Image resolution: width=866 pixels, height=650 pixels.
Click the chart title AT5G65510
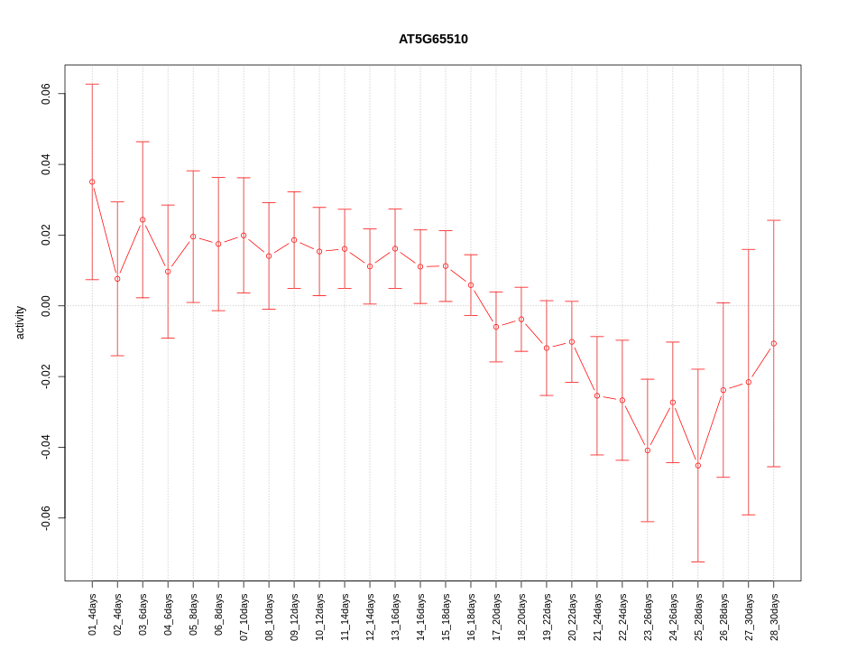(433, 40)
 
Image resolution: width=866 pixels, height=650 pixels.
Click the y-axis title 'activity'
(20, 322)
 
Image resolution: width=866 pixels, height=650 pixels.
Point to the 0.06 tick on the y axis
(46, 94)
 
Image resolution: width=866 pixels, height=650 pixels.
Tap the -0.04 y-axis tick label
(46, 448)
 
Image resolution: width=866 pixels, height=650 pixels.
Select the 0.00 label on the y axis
(46, 306)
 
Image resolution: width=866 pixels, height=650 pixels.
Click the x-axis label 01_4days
(92, 614)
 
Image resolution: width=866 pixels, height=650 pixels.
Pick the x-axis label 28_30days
(774, 617)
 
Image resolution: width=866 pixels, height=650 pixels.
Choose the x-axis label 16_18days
(471, 617)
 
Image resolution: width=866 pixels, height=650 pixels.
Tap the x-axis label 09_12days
(294, 617)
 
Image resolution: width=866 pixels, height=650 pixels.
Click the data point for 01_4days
(92, 181)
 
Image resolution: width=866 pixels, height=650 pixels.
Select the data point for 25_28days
(698, 466)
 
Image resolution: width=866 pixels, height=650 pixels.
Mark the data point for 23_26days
(648, 450)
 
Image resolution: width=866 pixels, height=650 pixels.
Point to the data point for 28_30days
(774, 343)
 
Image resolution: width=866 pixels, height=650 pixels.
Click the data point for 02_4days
(117, 279)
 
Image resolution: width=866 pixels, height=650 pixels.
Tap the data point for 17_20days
(496, 327)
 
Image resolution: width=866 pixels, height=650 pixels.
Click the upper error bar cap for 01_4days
(92, 84)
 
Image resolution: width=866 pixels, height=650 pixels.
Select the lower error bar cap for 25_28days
(698, 562)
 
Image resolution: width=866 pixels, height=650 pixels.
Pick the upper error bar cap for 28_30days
(774, 220)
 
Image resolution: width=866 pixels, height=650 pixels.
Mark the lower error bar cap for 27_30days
(749, 515)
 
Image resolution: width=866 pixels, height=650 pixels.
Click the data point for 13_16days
(395, 248)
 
